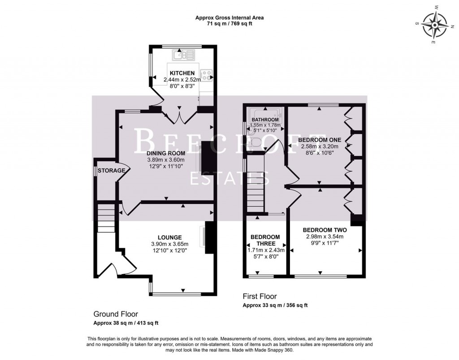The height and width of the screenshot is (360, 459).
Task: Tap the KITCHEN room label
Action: [182, 73]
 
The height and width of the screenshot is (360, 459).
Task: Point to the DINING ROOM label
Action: [166, 153]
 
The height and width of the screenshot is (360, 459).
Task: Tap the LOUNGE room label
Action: [169, 237]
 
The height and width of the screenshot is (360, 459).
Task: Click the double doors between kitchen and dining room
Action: [179, 116]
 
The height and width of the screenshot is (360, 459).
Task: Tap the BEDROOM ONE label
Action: [320, 139]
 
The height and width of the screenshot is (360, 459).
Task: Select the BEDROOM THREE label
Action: [265, 240]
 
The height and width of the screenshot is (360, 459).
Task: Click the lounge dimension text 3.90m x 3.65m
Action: [169, 244]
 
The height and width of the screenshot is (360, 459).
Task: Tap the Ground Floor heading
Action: [116, 314]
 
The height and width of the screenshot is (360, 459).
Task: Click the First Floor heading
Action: [260, 296]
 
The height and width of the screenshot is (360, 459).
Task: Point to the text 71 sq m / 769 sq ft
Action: [229, 24]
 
